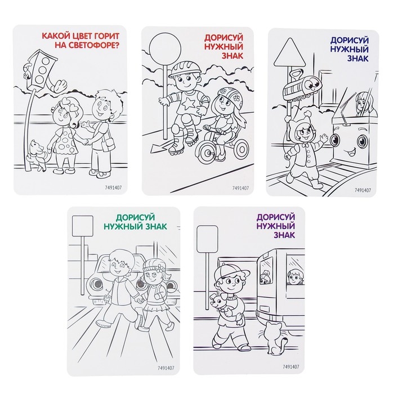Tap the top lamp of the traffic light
(x=46, y=61)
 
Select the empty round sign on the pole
(x=165, y=48)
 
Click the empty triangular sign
(x=290, y=53)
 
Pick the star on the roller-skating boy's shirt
(x=187, y=104)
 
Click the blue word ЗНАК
(x=357, y=59)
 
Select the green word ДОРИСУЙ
(x=135, y=217)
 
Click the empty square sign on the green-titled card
(x=83, y=226)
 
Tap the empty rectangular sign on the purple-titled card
(x=207, y=239)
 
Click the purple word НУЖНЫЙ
(x=275, y=226)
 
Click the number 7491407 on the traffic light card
(x=113, y=187)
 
